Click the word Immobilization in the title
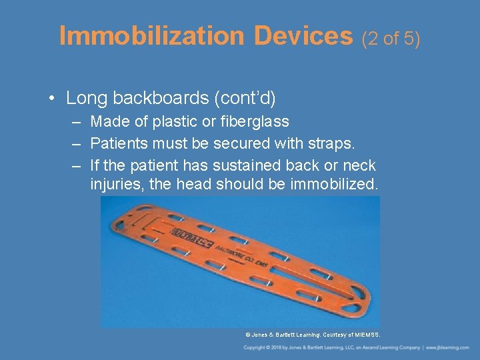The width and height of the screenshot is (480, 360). pos(153,36)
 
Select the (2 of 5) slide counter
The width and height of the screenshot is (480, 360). pos(391,39)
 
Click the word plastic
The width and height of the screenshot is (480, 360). pos(177,121)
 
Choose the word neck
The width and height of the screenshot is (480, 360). pos(359,165)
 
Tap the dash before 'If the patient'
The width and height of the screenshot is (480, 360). pos(78,165)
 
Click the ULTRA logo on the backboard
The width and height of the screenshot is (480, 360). pos(191,237)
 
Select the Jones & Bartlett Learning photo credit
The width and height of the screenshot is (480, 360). pos(312,335)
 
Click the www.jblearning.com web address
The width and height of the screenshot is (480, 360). pos(449,348)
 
